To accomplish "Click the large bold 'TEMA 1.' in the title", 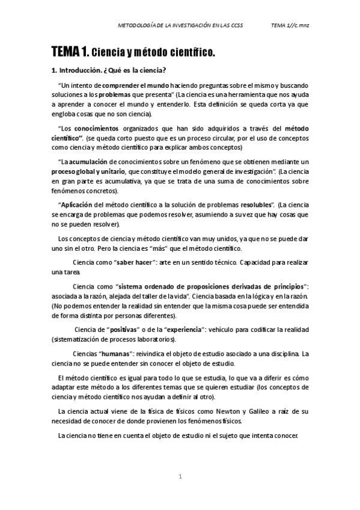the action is (71, 53).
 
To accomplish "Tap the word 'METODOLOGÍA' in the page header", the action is (139, 25).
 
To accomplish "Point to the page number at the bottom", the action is (180, 477).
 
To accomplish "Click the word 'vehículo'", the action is (225, 331).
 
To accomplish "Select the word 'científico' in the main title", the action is (189, 54).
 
